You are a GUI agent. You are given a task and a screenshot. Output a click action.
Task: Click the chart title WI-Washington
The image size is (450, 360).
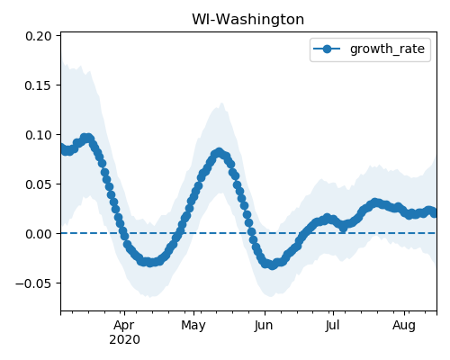tap(247, 20)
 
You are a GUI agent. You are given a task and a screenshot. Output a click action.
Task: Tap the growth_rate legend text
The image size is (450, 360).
tap(387, 49)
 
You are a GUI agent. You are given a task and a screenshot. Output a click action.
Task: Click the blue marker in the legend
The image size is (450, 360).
tap(327, 49)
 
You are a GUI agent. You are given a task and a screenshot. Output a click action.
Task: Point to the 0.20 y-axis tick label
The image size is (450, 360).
tap(39, 36)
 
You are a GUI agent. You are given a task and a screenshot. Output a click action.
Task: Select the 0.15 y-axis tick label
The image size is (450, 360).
tap(39, 85)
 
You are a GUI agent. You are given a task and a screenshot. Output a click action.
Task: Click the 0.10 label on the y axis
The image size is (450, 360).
tap(39, 135)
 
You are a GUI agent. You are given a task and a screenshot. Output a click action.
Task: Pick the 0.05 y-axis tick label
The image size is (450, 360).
tap(39, 184)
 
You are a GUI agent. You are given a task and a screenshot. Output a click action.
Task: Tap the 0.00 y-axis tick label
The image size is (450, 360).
tap(39, 234)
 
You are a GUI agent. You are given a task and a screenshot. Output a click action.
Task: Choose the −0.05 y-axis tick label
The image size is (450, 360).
tap(33, 283)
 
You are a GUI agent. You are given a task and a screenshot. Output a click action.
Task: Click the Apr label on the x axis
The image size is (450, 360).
tap(124, 325)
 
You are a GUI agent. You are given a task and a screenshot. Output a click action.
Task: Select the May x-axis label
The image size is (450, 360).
tap(193, 326)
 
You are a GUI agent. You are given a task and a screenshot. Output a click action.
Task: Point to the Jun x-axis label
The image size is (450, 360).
tap(264, 325)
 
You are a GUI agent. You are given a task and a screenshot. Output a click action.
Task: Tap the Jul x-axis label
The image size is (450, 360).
tap(333, 325)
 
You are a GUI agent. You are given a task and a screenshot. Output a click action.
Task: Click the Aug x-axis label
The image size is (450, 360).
tap(404, 326)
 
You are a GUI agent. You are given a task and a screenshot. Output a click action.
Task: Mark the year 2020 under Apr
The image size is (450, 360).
tap(124, 340)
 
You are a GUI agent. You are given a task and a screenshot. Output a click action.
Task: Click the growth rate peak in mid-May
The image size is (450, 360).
tap(219, 153)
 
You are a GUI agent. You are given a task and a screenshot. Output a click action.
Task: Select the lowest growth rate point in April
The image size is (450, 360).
tap(149, 263)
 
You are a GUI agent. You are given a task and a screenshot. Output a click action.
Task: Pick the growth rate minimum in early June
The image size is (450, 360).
tap(272, 265)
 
